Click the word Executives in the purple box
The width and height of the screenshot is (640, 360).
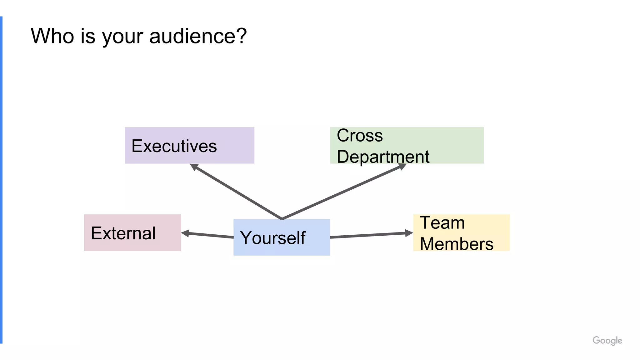174,146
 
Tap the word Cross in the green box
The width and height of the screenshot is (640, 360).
359,136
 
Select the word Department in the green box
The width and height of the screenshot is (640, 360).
383,157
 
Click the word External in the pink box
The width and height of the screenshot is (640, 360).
123,233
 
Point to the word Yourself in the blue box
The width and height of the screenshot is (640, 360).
272,238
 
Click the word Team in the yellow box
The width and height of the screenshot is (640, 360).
442,223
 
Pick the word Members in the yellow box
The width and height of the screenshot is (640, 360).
456,244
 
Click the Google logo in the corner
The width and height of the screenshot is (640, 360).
607,340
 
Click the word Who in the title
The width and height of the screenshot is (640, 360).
52,36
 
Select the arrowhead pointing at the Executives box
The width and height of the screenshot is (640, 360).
194,167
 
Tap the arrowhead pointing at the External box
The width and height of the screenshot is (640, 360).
185,233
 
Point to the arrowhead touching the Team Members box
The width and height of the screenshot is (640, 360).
408,233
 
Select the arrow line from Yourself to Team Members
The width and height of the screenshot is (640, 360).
369,235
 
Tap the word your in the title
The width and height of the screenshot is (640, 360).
122,37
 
